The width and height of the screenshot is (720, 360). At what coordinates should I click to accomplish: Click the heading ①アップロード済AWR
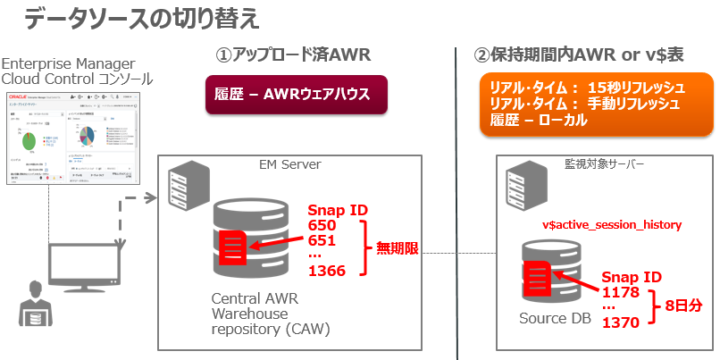pos(293,55)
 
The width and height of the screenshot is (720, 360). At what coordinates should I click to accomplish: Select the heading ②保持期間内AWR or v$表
pos(579,55)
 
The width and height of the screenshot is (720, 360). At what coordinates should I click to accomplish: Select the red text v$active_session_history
pos(612,225)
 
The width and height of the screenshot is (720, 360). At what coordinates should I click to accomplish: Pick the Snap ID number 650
pos(323,226)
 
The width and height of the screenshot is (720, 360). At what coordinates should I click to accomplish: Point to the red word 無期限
pos(397,248)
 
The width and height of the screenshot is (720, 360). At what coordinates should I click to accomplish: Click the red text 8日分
pos(683,305)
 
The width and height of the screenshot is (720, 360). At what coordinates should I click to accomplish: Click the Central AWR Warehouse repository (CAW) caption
pos(270,314)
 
